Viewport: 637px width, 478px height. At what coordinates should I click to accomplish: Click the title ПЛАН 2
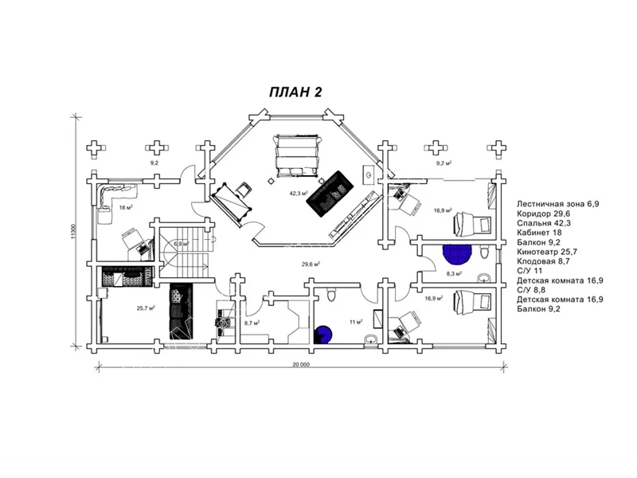pos(295,92)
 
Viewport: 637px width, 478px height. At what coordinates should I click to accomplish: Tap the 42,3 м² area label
pos(299,193)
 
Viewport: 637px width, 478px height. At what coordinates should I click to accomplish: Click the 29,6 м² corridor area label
pos(311,264)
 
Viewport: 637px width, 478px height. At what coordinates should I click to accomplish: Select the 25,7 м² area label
pos(146,308)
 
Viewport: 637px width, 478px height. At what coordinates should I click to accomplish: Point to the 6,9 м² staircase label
pos(182,244)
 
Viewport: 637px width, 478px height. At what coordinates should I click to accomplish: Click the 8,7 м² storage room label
pos(252,323)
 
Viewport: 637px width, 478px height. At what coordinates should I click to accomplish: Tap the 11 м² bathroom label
pos(356,322)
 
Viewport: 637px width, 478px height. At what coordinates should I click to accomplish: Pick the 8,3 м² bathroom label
pos(454,273)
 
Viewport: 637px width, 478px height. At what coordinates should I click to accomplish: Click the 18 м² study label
pos(126,207)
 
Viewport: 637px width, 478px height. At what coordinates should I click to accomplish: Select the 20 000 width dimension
pos(301,364)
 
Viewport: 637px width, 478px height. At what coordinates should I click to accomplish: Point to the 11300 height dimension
pos(73,231)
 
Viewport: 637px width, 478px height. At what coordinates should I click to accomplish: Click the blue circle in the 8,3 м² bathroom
pos(457,254)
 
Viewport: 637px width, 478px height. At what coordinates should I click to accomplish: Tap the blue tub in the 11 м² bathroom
pos(324,335)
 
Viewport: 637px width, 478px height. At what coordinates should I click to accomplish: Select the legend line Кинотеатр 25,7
pos(547,252)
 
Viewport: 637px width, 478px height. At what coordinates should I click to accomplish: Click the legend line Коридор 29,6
pos(544,214)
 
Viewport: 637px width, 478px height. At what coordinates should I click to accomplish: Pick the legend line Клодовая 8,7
pos(543,261)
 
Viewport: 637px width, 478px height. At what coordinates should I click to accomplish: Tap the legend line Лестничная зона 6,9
pos(558,204)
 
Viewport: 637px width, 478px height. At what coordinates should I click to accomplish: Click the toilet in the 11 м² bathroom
pos(331,294)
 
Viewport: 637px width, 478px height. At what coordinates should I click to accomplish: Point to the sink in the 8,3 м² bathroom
pos(484,278)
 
